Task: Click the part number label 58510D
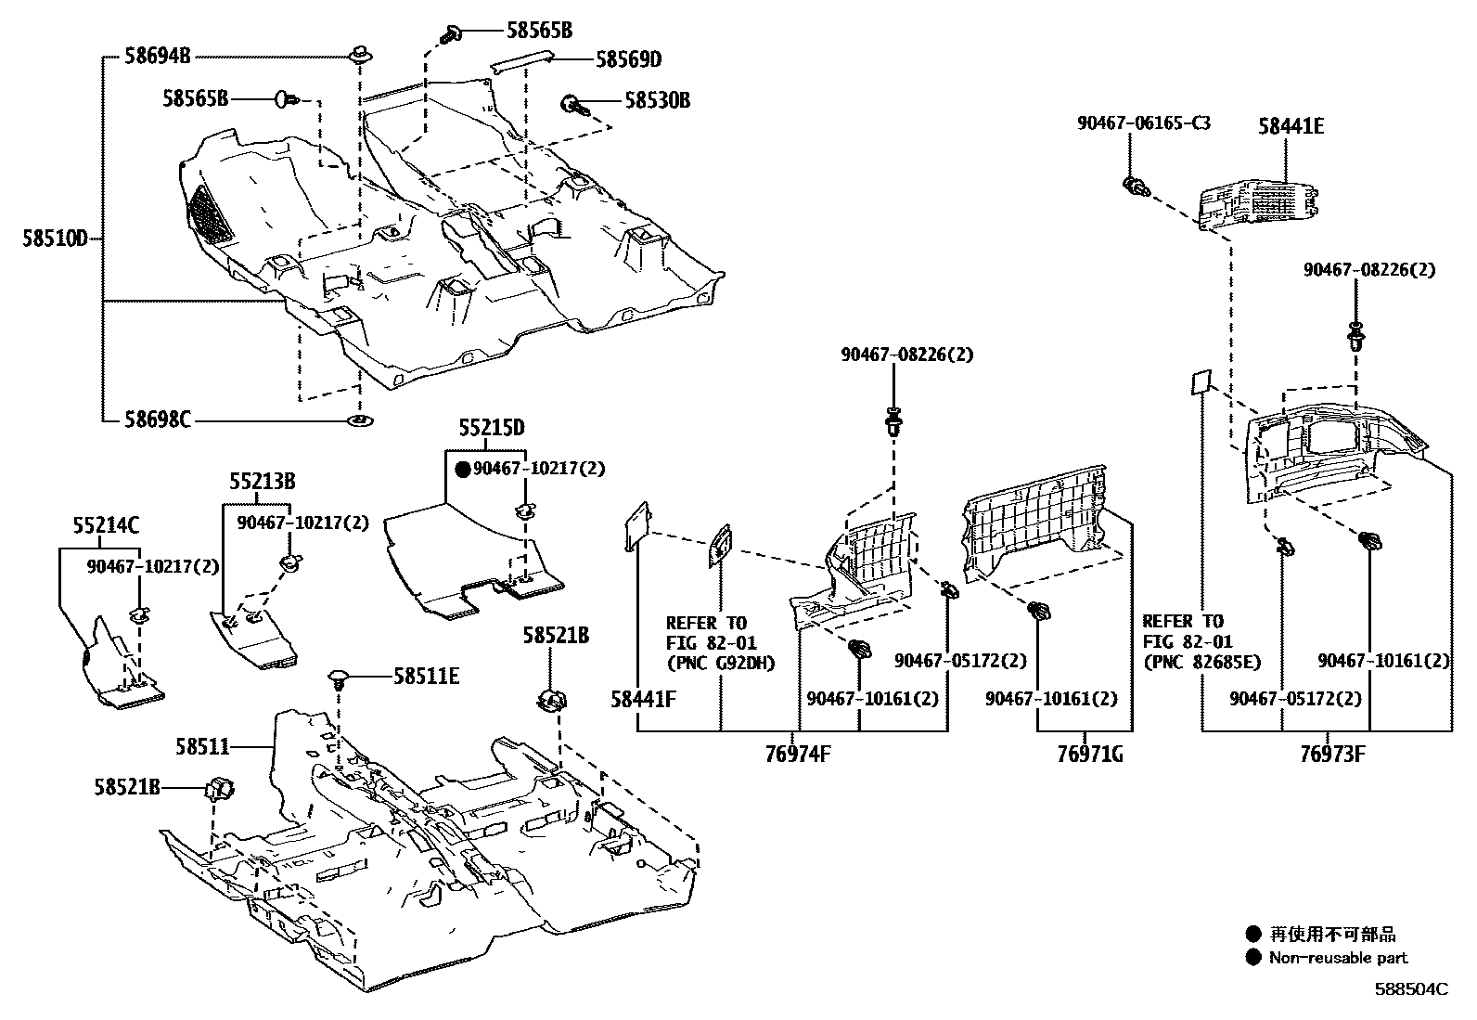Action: pyautogui.click(x=54, y=239)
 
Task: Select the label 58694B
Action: pyautogui.click(x=157, y=57)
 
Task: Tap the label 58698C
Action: pyautogui.click(x=157, y=420)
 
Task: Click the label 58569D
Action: pyautogui.click(x=628, y=59)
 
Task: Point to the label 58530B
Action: pyautogui.click(x=657, y=100)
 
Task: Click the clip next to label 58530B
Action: pyautogui.click(x=572, y=105)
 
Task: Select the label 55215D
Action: pyautogui.click(x=491, y=428)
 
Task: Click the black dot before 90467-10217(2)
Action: pyautogui.click(x=462, y=470)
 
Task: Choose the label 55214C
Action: pyautogui.click(x=105, y=526)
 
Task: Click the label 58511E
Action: pyautogui.click(x=426, y=676)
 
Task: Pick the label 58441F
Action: pyautogui.click(x=643, y=698)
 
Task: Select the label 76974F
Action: pyautogui.click(x=798, y=754)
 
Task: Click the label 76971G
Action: pyautogui.click(x=1089, y=754)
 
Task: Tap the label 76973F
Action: pyautogui.click(x=1332, y=754)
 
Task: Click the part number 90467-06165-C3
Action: pyautogui.click(x=1143, y=122)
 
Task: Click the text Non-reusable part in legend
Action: pyautogui.click(x=1338, y=958)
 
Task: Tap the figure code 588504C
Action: pyautogui.click(x=1410, y=989)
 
